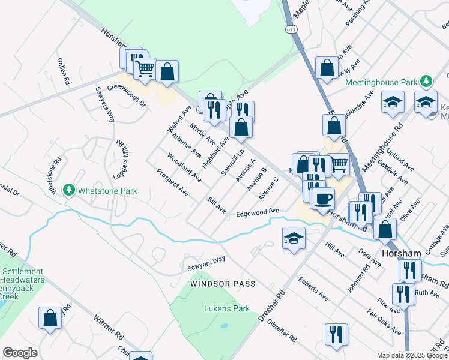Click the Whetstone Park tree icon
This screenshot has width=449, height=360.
(70, 191)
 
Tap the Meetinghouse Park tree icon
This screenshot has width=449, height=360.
(426, 80)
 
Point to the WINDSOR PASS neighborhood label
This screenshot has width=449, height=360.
(223, 283)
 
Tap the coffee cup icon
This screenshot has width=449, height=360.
(323, 198)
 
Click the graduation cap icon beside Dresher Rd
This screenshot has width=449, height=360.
(293, 239)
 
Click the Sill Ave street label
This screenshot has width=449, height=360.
(216, 205)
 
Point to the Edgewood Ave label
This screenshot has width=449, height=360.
(258, 212)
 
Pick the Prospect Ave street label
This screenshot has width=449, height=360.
(173, 182)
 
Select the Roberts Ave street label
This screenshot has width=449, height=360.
(313, 289)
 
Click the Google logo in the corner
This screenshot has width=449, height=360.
(20, 353)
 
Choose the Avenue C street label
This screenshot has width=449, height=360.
(268, 188)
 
